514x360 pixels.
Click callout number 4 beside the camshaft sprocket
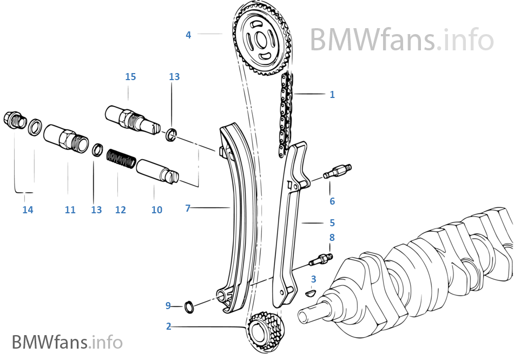[x=188, y=35]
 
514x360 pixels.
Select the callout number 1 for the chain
[x=332, y=94]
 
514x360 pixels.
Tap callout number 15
[x=130, y=77]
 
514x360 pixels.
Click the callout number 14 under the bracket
[x=28, y=210]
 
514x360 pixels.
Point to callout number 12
[x=120, y=210]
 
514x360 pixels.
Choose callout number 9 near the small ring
[x=168, y=306]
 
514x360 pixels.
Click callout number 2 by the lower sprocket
[x=169, y=326]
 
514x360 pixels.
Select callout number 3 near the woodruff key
[x=313, y=279]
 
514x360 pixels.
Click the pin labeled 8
[x=320, y=260]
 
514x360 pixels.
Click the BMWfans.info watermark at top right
[x=401, y=39]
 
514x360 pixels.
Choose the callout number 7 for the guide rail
[x=188, y=208]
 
